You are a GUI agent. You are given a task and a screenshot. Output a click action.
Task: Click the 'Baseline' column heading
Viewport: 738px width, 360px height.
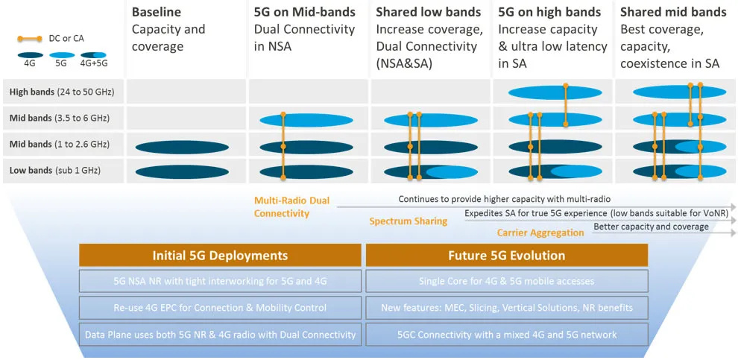click(x=157, y=12)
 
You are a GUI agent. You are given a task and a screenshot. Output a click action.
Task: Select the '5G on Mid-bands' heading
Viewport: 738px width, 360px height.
click(x=305, y=12)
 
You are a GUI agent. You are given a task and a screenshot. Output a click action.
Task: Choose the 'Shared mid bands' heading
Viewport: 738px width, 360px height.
click(x=673, y=12)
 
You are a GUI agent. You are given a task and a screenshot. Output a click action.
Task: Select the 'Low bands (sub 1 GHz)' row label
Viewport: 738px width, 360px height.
click(x=54, y=171)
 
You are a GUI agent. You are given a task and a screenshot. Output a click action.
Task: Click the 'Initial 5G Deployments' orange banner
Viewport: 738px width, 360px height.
click(x=220, y=256)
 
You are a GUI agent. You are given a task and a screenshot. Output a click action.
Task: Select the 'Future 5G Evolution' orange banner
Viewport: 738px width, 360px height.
click(x=506, y=256)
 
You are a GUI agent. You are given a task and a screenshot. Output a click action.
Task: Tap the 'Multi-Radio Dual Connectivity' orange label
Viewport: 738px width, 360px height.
click(x=291, y=207)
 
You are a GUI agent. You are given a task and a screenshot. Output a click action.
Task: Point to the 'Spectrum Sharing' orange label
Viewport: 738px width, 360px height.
click(x=409, y=221)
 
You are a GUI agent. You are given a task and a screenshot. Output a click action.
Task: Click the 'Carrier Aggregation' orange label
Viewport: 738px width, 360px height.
click(x=540, y=233)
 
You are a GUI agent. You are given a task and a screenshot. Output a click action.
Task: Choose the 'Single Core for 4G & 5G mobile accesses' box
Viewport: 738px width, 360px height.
click(x=506, y=281)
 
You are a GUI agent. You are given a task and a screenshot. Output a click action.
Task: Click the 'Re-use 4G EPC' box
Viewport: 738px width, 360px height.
click(x=220, y=307)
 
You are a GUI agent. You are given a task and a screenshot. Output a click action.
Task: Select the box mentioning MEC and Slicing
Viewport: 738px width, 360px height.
click(x=506, y=307)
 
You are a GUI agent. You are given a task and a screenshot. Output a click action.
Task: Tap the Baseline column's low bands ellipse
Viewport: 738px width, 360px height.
click(x=182, y=171)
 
